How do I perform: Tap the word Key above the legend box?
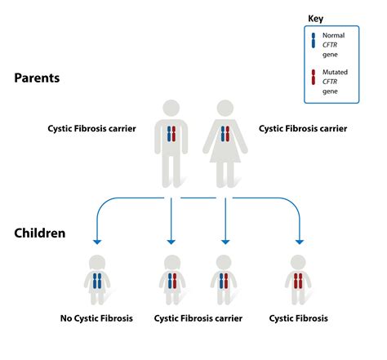pyautogui.click(x=315, y=18)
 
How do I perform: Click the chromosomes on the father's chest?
pyautogui.click(x=171, y=134)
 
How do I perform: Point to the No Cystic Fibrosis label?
pyautogui.click(x=97, y=318)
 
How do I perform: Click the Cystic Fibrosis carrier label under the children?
pyautogui.click(x=197, y=318)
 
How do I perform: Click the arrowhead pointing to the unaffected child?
pyautogui.click(x=97, y=241)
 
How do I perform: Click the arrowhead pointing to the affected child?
pyautogui.click(x=299, y=241)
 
